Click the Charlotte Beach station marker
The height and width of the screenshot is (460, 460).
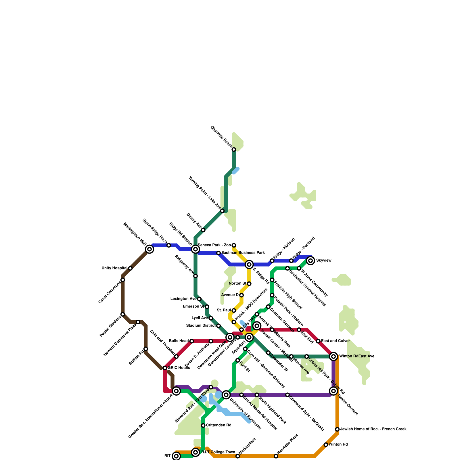234,149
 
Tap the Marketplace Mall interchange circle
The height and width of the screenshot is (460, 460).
149,249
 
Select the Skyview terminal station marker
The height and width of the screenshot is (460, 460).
310,261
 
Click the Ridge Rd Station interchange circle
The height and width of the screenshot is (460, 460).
195,249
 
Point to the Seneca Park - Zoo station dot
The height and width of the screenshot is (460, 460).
234,245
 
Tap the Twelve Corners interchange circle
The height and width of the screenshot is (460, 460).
333,391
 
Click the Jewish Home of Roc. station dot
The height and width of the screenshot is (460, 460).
337,429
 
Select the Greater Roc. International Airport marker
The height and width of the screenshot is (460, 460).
177,391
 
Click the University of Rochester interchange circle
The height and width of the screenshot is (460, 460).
226,395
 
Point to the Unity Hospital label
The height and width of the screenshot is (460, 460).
114,268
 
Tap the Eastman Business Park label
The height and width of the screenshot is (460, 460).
243,253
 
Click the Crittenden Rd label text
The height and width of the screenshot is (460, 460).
218,425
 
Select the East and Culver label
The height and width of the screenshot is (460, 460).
335,341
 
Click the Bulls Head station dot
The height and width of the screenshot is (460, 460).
192,341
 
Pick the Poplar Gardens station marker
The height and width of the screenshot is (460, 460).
123,314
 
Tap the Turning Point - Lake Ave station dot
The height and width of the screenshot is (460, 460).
222,211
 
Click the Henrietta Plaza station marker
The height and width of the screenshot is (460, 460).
276,456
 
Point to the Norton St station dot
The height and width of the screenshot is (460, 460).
249,284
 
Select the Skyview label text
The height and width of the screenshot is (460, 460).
324,260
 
